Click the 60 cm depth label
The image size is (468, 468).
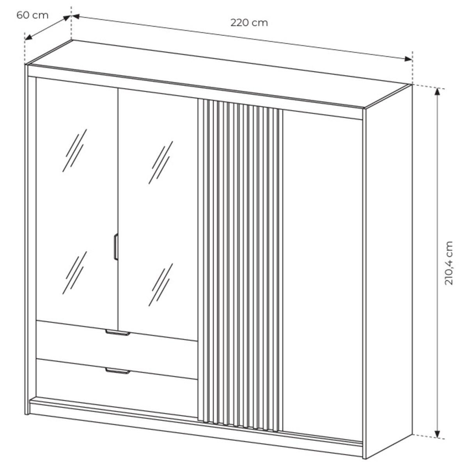tap(32, 15)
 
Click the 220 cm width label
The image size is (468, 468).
tap(249, 23)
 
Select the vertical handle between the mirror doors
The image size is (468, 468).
tap(116, 247)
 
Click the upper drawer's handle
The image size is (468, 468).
tap(118, 333)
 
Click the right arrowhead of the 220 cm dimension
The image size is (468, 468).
tap(408, 59)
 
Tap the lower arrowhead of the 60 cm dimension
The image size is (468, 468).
tap(28, 37)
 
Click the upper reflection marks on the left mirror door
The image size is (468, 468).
tap(74, 150)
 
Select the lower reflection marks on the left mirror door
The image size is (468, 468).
tap(74, 273)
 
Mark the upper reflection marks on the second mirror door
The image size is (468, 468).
tap(161, 163)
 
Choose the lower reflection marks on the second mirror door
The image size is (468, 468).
tap(161, 285)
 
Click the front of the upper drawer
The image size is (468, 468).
tap(117, 352)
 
